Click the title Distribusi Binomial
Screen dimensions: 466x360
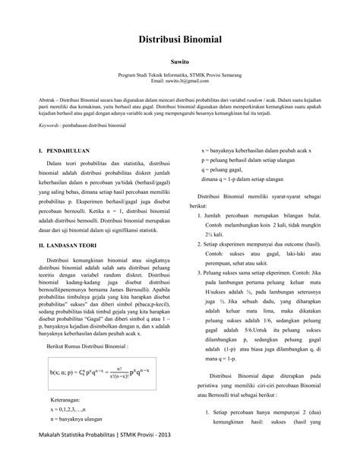179,40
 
